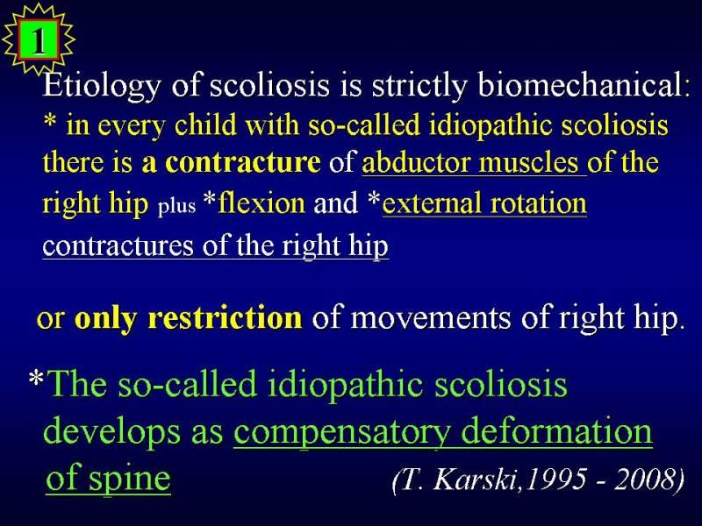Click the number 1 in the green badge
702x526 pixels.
pos(39,40)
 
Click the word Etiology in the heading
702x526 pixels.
pos(102,85)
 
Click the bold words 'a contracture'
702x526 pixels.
pos(231,162)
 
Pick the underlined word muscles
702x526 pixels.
pos(528,162)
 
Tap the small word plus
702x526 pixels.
pos(176,206)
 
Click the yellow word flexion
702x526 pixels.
pos(261,203)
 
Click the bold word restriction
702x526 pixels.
pos(226,317)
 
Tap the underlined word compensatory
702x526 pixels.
pos(342,432)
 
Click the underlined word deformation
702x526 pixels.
pos(556,430)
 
